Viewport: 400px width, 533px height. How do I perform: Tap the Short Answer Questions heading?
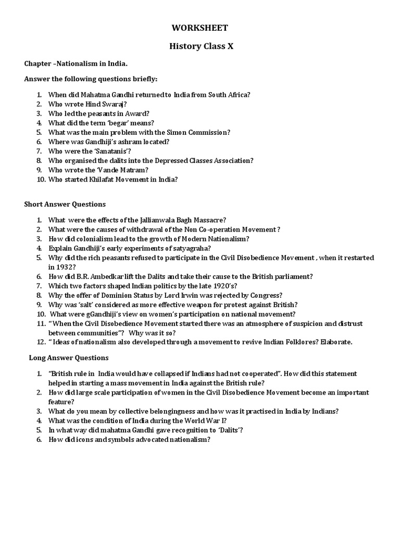pyautogui.click(x=65, y=204)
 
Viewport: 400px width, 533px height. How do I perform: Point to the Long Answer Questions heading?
pyautogui.click(x=68, y=358)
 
